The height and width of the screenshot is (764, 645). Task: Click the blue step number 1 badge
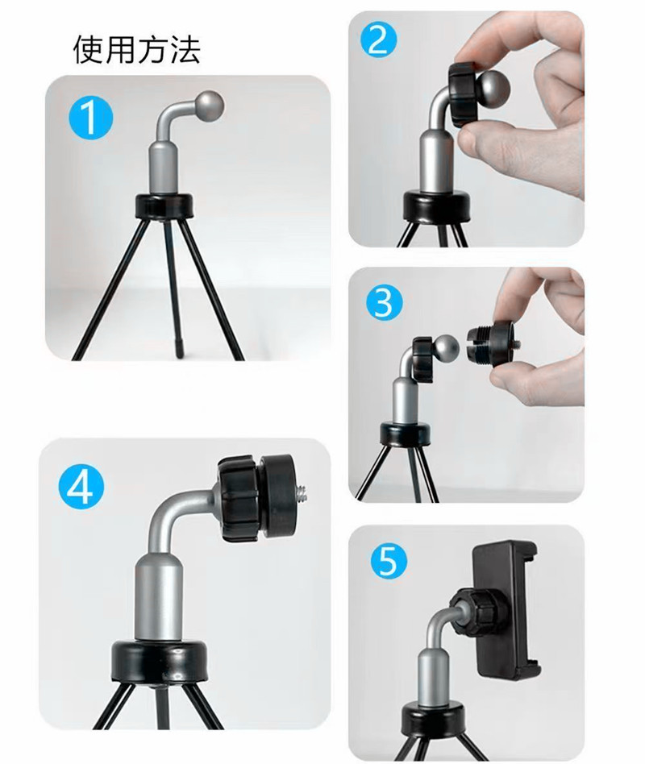coord(90,118)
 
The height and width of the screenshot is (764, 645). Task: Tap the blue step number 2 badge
coord(379,40)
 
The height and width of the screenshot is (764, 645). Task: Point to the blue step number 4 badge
coord(81,487)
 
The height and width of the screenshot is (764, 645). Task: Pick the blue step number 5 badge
coord(389,562)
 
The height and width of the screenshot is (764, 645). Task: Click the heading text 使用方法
coord(137,50)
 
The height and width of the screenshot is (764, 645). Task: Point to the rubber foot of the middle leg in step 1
coord(181,349)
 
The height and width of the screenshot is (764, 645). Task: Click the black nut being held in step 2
coord(464,94)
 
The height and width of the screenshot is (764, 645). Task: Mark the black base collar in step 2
coord(437,206)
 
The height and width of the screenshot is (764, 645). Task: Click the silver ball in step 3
coord(445,349)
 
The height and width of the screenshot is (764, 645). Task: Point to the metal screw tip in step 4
coord(303,496)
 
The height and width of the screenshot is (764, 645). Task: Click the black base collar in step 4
coord(159,660)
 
